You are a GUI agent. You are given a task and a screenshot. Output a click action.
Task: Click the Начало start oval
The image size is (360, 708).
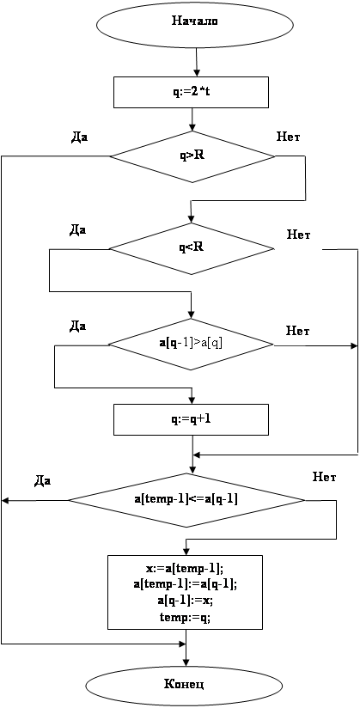pos(195,21)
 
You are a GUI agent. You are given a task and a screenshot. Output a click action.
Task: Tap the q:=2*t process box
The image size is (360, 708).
pos(192,93)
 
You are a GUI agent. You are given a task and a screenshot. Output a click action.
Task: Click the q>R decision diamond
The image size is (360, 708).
pos(192,157)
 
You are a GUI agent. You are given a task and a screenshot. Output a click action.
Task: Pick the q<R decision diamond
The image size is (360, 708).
pos(192,248)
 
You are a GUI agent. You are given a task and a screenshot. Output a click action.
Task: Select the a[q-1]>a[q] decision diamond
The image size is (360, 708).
pos(192,345)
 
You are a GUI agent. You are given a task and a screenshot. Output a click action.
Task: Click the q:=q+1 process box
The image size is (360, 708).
pos(192,419)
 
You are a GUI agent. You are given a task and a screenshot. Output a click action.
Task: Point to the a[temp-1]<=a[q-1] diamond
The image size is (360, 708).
pos(186,500)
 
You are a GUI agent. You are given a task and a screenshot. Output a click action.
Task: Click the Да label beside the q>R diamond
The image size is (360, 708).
pos(79,137)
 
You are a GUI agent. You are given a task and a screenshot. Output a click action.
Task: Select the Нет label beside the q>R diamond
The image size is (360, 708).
pos(289,136)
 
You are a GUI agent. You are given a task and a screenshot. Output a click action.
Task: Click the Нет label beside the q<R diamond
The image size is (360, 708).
pos(299,235)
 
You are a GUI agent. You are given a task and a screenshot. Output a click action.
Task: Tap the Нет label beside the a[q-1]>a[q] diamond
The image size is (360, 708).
pos(297,331)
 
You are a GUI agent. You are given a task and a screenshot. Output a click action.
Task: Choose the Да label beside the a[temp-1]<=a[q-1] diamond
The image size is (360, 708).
pos(42,482)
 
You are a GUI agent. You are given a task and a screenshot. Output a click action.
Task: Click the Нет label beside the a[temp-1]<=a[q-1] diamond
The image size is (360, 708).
pos(324,477)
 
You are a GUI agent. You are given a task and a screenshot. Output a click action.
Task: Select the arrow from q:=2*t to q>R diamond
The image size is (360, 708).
pos(192,119)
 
